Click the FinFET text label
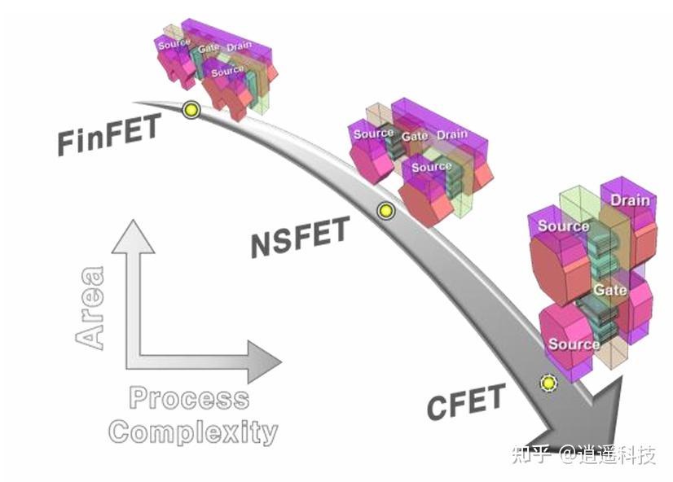[109, 134]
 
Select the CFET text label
[466, 401]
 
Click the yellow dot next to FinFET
[191, 109]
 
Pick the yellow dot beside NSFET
[385, 211]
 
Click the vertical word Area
[90, 309]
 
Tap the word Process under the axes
[189, 399]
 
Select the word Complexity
[193, 431]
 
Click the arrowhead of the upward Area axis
[133, 235]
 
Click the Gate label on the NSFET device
[414, 136]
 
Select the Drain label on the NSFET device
[452, 134]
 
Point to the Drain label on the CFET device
[630, 200]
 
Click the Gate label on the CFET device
[609, 290]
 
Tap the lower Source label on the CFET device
[574, 344]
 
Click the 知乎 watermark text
[530, 454]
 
